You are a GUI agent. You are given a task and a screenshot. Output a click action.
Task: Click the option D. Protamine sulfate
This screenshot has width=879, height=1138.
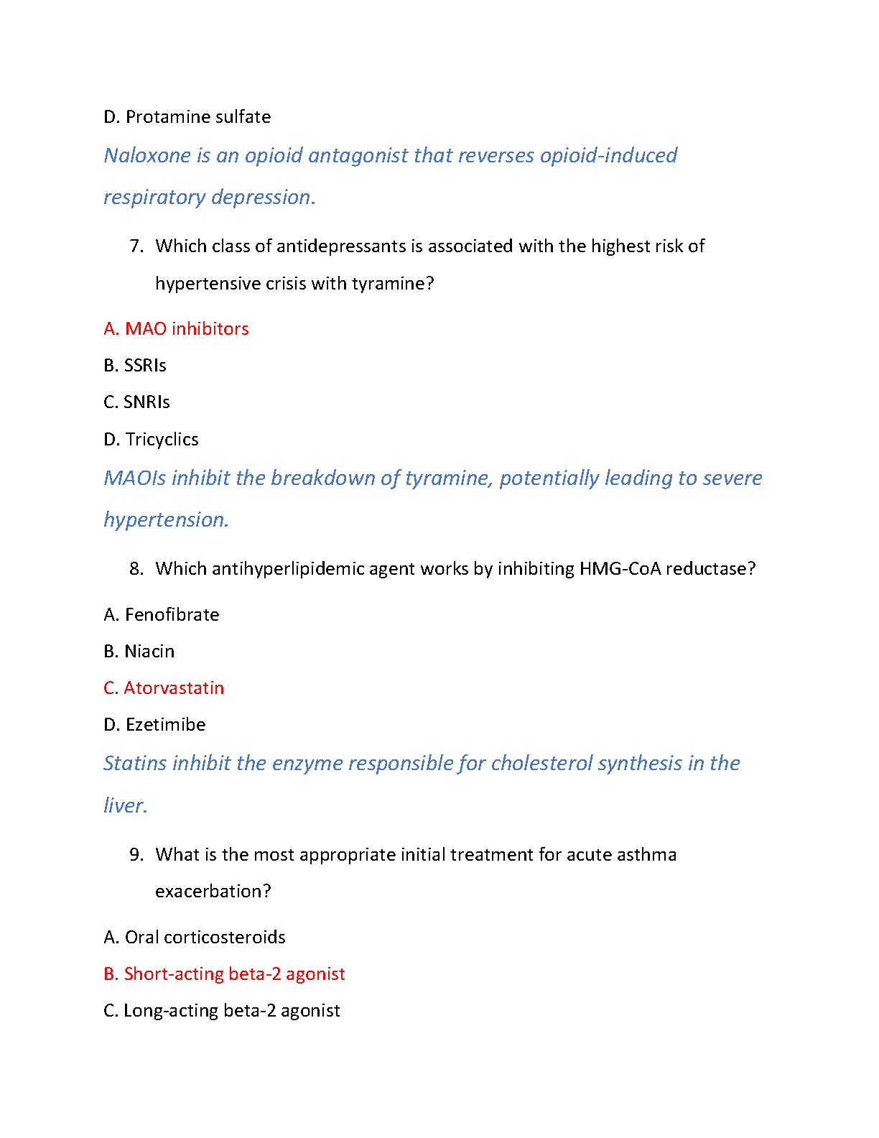pos(187,117)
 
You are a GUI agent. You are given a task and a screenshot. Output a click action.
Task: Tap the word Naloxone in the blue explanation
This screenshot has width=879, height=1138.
pos(147,155)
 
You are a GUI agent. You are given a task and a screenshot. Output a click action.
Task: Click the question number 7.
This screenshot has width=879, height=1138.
pos(136,246)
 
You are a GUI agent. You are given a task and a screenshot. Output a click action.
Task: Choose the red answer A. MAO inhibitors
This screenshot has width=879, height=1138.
pos(176,329)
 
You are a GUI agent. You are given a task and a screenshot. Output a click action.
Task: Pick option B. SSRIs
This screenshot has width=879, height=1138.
pos(135,366)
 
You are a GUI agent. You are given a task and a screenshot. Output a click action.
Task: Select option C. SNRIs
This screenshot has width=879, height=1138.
pos(136,402)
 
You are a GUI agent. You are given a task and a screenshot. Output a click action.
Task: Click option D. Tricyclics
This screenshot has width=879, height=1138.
pos(151,440)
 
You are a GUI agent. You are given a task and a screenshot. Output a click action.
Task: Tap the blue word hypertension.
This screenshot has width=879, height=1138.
pos(166,520)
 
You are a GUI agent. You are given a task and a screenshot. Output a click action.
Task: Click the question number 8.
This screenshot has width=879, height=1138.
pos(136,569)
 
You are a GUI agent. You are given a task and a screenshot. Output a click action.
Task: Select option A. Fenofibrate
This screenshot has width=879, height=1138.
pos(162,615)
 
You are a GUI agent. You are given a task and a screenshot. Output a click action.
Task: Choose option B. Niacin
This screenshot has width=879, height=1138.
pos(139,652)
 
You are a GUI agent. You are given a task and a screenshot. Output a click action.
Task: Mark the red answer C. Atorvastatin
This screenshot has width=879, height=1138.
pos(164,688)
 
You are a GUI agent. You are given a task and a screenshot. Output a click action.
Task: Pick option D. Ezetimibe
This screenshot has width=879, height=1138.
pos(154,725)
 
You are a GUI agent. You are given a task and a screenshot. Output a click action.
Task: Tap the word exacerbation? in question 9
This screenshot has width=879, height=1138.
pos(213,892)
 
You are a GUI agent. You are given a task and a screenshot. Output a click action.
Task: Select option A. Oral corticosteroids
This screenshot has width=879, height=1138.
pos(195,938)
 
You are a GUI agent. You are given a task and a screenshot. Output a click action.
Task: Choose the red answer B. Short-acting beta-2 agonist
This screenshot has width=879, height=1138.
pos(224,974)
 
